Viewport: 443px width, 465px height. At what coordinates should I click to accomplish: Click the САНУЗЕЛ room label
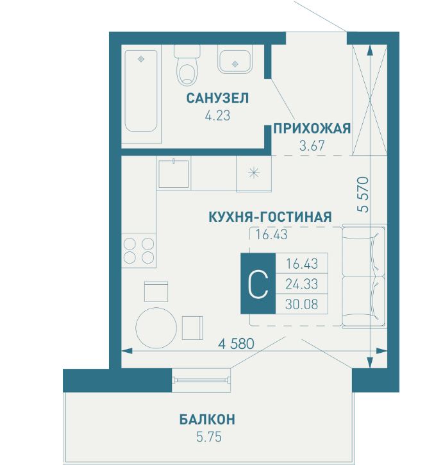(x=217, y=98)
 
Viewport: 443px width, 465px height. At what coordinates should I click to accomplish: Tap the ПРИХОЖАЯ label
(x=312, y=129)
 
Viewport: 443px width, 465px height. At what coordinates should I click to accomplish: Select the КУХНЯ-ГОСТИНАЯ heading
(x=270, y=217)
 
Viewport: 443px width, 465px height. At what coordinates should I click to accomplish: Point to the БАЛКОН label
(x=207, y=419)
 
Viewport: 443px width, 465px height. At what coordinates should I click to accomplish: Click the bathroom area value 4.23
(x=217, y=115)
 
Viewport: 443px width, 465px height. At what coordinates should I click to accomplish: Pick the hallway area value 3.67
(x=312, y=146)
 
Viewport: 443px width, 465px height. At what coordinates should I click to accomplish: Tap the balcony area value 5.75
(x=209, y=437)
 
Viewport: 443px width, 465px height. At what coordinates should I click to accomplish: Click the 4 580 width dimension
(x=236, y=344)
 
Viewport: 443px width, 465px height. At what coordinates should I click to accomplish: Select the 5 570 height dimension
(x=364, y=194)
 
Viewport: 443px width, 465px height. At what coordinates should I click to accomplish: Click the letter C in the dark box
(x=258, y=284)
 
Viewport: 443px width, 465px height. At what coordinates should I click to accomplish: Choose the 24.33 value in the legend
(x=301, y=284)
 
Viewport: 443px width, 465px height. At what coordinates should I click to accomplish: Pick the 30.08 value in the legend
(x=301, y=304)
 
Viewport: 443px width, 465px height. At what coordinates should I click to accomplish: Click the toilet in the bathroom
(x=187, y=65)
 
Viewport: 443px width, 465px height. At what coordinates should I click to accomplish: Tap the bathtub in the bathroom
(x=141, y=90)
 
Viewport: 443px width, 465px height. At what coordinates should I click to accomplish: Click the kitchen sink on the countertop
(x=174, y=174)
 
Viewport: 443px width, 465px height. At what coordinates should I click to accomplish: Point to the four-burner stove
(x=138, y=251)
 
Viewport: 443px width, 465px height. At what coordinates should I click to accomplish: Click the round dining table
(x=156, y=328)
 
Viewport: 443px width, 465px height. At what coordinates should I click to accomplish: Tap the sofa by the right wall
(x=364, y=276)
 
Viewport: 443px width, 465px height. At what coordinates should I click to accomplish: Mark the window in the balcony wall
(x=202, y=380)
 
